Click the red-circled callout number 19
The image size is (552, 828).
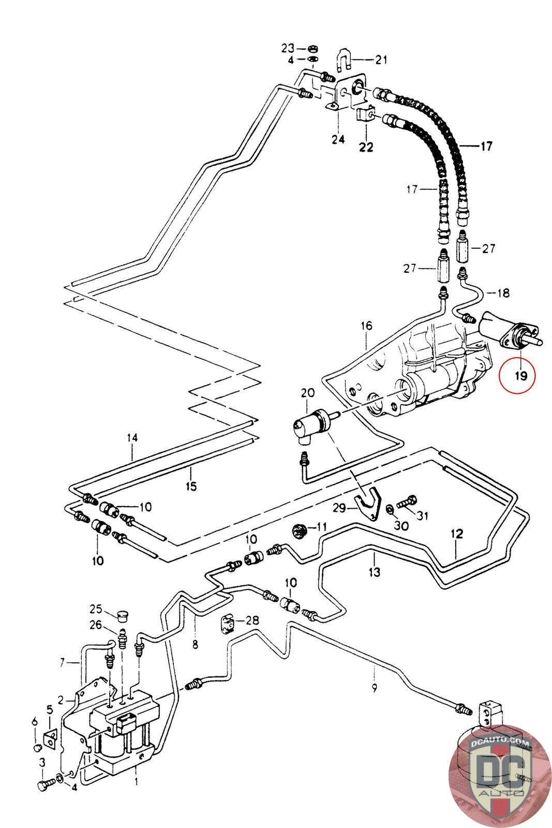point(520,376)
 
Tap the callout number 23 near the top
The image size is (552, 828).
point(288,49)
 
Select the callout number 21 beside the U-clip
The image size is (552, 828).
point(381,60)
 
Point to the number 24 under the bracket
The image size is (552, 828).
point(338,140)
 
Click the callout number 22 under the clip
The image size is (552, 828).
point(366,147)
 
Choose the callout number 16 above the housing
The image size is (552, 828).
point(366,326)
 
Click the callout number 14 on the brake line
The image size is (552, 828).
point(132,438)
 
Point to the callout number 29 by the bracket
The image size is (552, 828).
point(339,508)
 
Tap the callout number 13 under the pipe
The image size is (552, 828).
point(374,572)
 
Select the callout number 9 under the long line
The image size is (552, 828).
point(374,688)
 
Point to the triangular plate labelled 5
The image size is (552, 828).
point(50,741)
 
